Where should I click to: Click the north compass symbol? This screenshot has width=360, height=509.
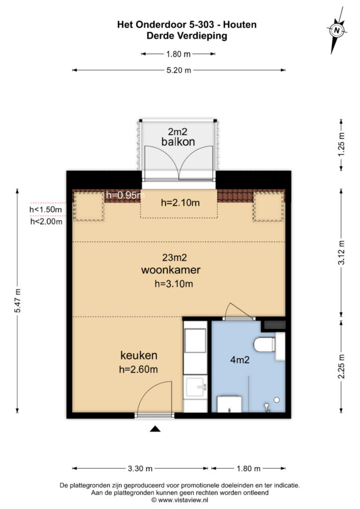click(x=338, y=30)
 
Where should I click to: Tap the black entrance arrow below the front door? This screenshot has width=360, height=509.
click(x=156, y=429)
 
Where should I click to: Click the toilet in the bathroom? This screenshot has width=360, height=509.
click(x=264, y=344)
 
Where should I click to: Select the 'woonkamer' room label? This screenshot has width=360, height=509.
click(x=170, y=270)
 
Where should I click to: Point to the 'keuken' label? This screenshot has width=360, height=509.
click(x=139, y=355)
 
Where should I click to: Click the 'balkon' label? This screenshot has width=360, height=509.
click(x=178, y=142)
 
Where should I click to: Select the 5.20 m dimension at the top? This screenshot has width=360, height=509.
click(x=179, y=71)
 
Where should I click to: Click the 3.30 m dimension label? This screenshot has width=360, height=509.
click(x=140, y=469)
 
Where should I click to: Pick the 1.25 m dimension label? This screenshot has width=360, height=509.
click(x=341, y=144)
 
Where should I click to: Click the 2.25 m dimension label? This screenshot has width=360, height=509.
click(x=341, y=366)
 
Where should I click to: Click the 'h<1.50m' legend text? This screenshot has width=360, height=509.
click(x=46, y=210)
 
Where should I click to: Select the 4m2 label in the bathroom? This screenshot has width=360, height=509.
click(x=240, y=360)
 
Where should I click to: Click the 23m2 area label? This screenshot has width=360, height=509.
click(x=170, y=258)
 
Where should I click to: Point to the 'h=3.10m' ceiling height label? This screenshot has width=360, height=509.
click(x=174, y=284)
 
